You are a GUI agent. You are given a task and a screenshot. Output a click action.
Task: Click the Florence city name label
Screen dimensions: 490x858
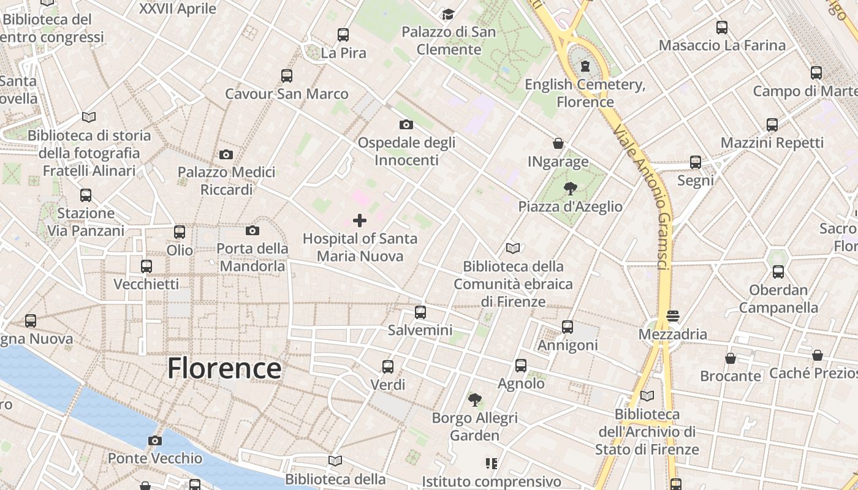224,368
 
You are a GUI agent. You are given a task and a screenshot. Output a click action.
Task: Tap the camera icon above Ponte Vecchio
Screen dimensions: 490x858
155,440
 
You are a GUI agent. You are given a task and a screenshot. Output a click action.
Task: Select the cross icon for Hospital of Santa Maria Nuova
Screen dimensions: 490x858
360,221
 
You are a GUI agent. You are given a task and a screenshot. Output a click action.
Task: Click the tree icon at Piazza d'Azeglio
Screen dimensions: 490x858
570,189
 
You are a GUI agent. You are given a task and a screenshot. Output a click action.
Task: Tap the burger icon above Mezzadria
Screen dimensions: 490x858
673,316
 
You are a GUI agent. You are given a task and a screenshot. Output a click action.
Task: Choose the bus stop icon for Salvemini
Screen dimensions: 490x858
420,312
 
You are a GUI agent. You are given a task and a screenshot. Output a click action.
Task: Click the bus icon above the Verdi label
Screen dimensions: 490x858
388,367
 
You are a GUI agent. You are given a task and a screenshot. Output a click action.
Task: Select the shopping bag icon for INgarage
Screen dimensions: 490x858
558,143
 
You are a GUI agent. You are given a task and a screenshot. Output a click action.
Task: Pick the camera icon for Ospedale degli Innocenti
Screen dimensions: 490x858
406,125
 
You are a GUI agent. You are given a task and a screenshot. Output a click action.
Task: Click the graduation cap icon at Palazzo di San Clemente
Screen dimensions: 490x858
449,13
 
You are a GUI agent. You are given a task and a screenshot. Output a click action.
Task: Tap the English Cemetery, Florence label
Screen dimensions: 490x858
585,93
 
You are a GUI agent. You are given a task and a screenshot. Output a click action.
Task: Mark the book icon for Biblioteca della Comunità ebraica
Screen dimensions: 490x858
513,248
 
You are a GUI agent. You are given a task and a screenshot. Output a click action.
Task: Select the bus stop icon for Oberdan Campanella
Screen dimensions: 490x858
778,272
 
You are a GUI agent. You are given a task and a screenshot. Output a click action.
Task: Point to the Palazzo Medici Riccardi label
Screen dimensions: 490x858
226,181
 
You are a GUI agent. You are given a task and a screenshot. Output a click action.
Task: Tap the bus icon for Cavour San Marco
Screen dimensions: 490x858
287,76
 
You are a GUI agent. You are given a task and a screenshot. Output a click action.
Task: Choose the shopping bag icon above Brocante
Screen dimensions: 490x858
730,358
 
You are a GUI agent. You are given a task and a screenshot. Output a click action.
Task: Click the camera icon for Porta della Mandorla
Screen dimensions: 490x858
252,231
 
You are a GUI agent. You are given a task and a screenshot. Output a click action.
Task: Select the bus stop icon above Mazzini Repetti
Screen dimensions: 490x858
772,125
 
